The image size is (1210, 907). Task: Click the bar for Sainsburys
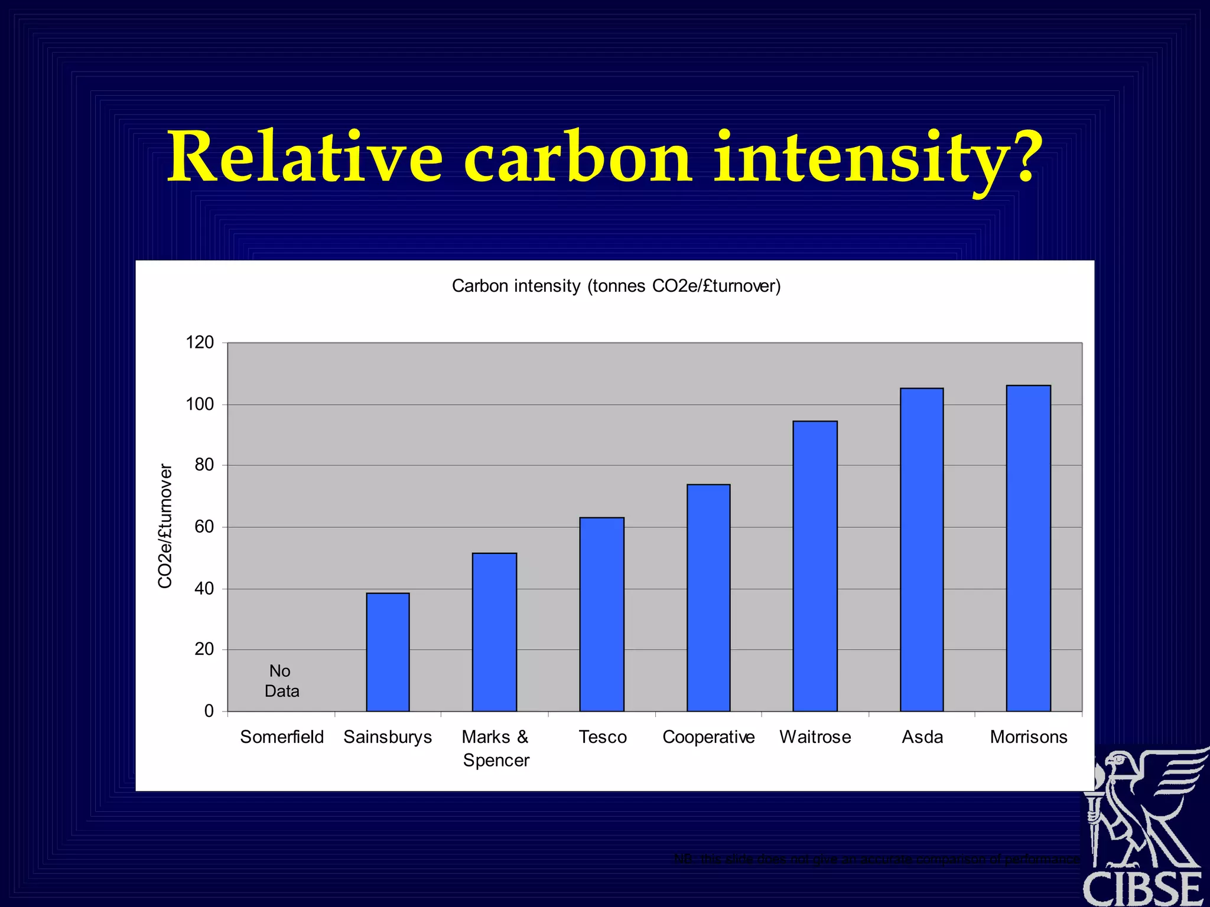[x=388, y=652]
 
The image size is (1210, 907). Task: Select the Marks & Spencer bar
[x=495, y=632]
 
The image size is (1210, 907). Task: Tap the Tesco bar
[x=601, y=614]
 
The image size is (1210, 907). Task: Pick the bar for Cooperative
[x=708, y=598]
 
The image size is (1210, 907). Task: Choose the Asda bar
[x=922, y=549]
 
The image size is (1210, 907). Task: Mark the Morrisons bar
[x=1029, y=548]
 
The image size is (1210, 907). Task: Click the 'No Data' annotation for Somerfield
[x=281, y=681]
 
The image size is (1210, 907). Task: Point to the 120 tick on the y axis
[x=200, y=342]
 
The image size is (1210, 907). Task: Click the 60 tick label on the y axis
[x=204, y=527]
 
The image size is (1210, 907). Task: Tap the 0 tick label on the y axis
[x=209, y=711]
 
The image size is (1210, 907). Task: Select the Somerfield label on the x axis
[x=282, y=737]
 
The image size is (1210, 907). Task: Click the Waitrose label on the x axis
[x=815, y=737]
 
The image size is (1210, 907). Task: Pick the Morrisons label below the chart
[x=1029, y=737]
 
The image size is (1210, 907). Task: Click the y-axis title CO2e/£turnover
[x=165, y=526]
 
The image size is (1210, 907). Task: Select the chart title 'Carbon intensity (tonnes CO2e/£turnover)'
[x=616, y=286]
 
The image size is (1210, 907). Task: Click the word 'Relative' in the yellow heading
[x=305, y=157]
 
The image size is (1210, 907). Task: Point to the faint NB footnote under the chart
[x=877, y=859]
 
